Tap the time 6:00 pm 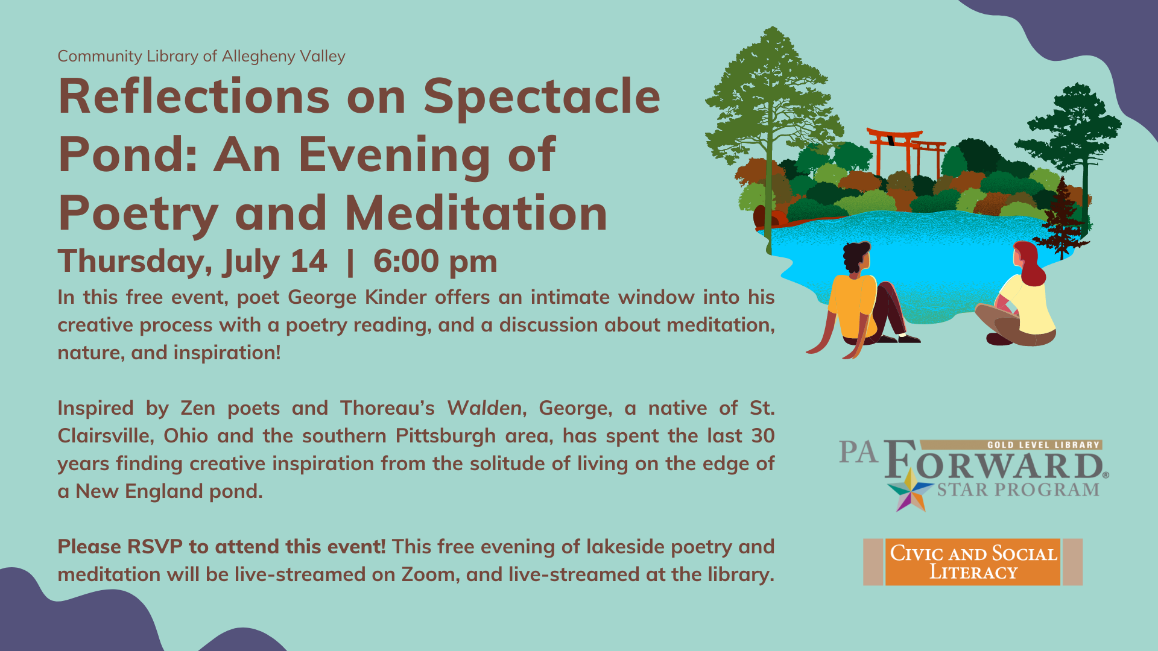(x=435, y=262)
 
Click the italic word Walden (x=484, y=408)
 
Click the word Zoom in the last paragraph (x=428, y=574)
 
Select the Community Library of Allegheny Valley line (x=201, y=57)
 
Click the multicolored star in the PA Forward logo (x=911, y=491)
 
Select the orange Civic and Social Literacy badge (x=973, y=562)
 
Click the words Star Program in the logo (x=1018, y=489)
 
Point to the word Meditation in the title (x=476, y=213)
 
